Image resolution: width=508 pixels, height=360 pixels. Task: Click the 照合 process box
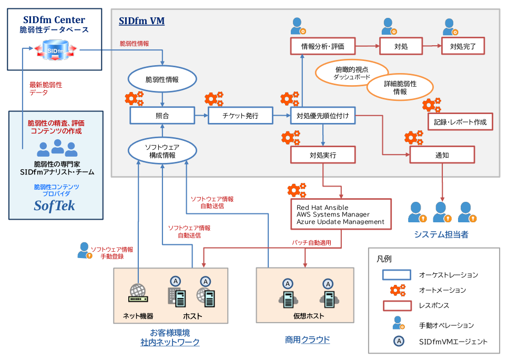pos(162,116)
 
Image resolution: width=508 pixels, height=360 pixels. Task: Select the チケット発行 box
pos(240,116)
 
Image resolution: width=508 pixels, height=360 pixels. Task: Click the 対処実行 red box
pos(323,155)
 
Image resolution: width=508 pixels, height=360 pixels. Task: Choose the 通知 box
pos(442,155)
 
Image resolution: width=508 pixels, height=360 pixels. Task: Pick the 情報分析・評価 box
pos(323,46)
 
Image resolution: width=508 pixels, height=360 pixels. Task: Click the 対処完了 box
pos(463,46)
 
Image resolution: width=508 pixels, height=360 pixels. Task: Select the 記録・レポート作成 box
pos(461,122)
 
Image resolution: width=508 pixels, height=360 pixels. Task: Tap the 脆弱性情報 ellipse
pos(162,79)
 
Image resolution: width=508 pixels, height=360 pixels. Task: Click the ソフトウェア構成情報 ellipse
pos(162,151)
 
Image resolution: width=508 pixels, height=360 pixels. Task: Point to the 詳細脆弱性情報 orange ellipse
pos(400,87)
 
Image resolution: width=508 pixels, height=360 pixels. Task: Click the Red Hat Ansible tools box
pos(341,214)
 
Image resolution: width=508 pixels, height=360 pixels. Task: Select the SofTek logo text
pos(55,205)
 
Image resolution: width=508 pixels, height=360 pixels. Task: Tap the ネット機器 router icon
pos(138,293)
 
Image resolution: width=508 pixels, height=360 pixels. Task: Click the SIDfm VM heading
pos(141,21)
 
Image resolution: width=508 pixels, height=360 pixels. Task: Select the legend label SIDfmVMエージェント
pos(453,342)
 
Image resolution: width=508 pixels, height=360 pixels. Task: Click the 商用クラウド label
pos(307,340)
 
